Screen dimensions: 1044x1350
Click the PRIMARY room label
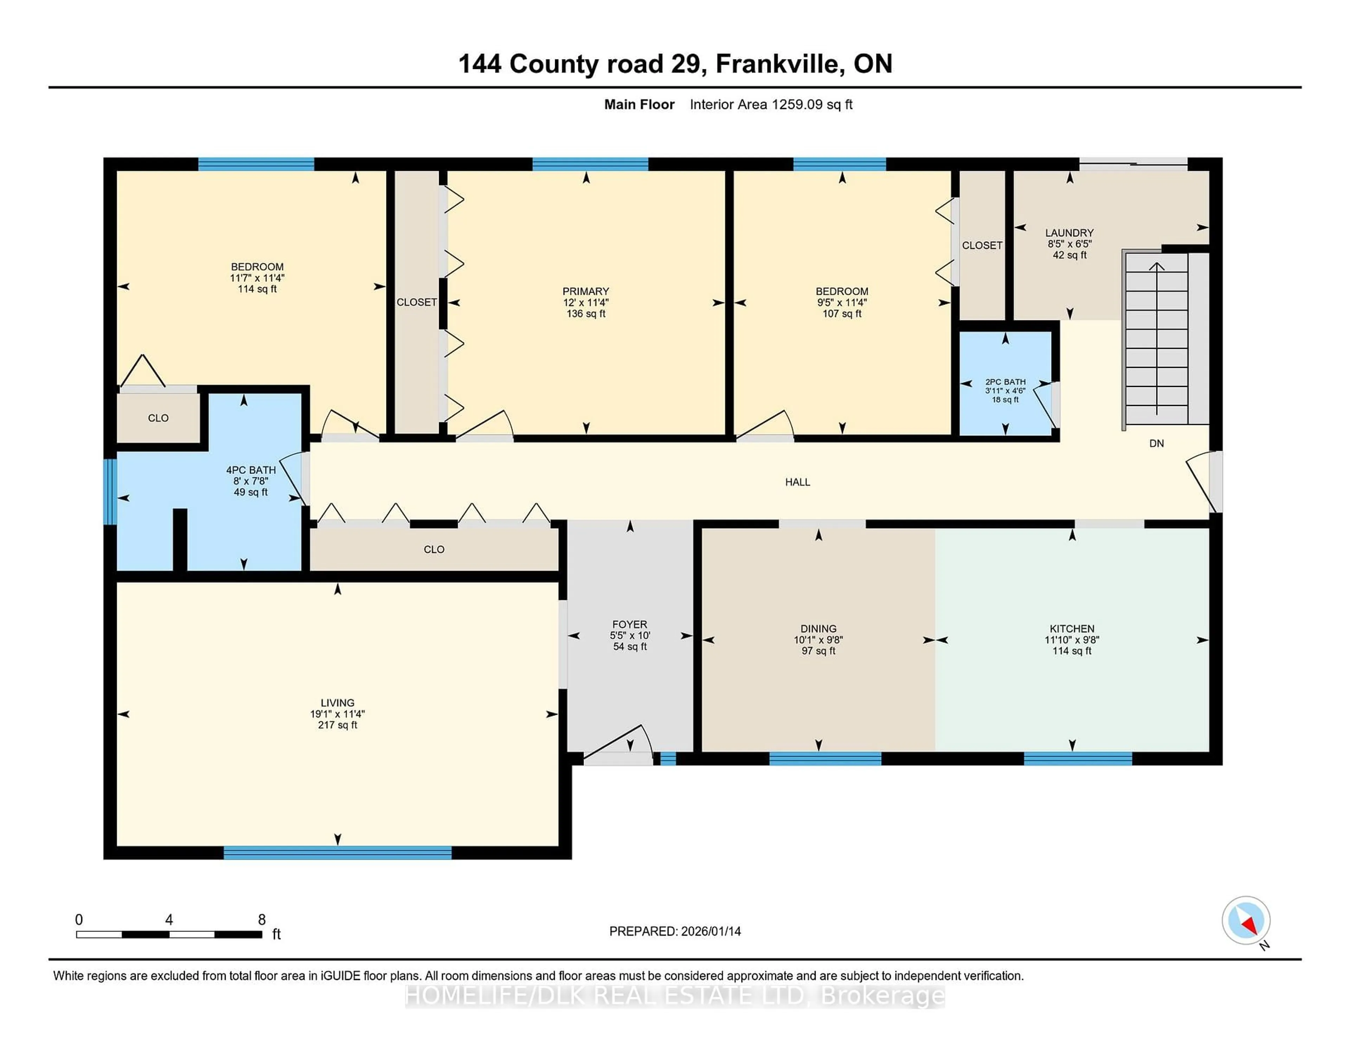click(x=585, y=291)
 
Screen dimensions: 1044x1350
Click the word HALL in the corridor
click(x=797, y=482)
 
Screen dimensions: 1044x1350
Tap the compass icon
click(x=1246, y=920)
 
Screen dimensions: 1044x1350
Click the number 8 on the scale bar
click(x=262, y=920)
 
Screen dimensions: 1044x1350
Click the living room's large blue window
click(x=337, y=853)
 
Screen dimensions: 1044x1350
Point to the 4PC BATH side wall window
click(x=110, y=492)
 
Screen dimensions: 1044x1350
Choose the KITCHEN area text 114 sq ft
click(x=1072, y=651)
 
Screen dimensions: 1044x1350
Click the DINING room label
click(x=818, y=628)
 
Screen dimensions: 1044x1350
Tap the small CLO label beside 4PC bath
click(x=158, y=418)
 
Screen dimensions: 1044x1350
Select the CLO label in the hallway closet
click(x=434, y=549)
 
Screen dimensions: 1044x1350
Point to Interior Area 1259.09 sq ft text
click(x=771, y=104)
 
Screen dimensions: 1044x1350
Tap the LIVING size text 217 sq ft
click(x=337, y=725)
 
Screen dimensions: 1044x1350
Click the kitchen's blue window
click(x=1078, y=759)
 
